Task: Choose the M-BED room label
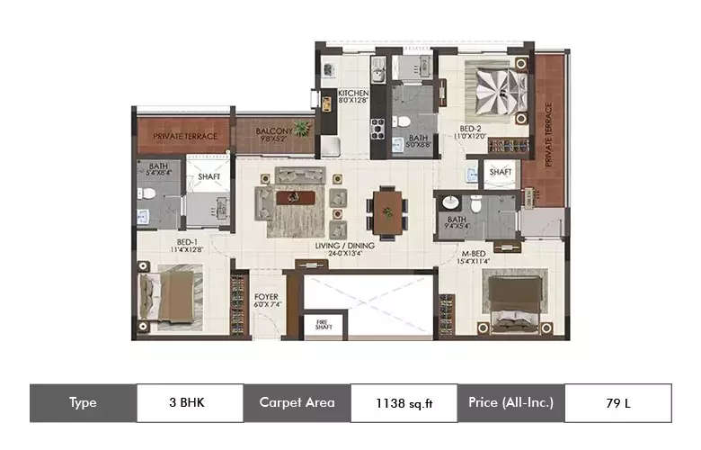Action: point(475,256)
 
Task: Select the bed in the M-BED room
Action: point(514,301)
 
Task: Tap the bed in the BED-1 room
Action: point(170,296)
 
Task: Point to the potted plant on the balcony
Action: point(302,129)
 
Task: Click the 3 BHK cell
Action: point(189,403)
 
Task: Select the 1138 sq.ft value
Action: point(404,403)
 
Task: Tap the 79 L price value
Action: point(617,403)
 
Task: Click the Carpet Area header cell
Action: point(296,403)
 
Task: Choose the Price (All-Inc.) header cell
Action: point(510,403)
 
